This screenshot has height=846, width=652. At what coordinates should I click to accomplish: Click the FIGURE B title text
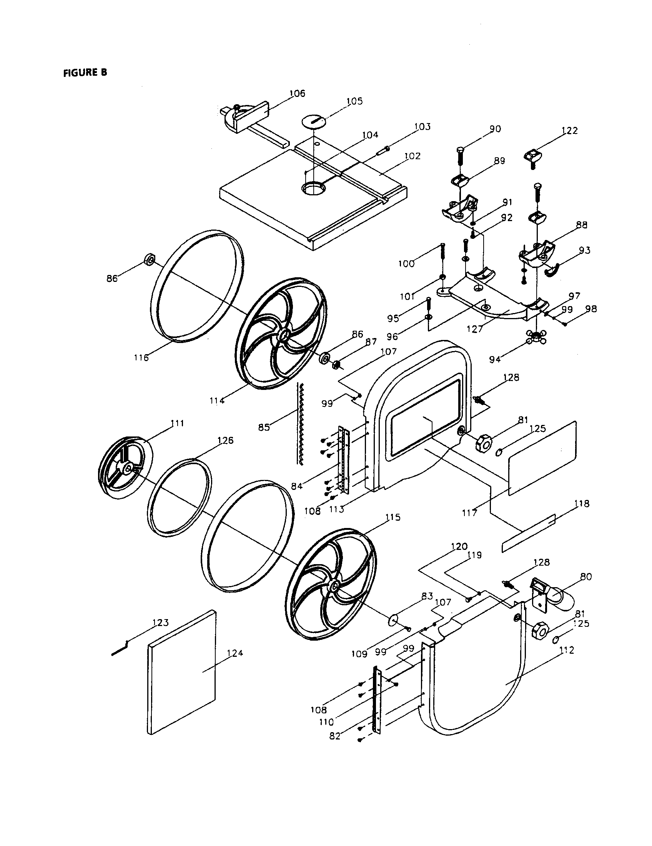point(85,72)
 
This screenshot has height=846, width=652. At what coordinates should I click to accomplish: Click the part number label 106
point(297,93)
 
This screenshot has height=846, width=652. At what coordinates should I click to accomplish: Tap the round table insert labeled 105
point(314,120)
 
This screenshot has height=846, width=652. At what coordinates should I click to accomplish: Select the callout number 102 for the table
point(412,156)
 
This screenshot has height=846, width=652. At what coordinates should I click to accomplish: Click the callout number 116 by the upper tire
point(141,358)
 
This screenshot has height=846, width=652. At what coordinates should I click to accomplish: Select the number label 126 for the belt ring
point(225,440)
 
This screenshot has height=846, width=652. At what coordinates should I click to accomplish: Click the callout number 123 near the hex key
point(160,623)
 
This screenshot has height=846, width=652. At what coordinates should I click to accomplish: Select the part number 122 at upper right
point(569,130)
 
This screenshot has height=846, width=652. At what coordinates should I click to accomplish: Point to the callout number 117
point(469,513)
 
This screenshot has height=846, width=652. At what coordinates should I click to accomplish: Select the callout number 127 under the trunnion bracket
point(475,329)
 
